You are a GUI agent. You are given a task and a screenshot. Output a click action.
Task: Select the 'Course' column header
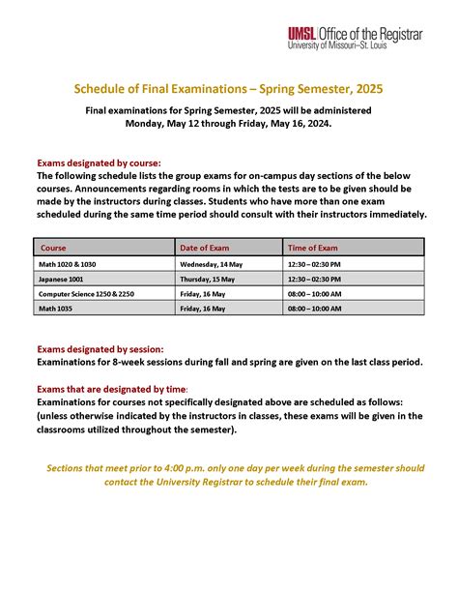coord(53,248)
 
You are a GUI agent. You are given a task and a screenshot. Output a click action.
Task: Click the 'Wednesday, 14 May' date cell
coord(213,263)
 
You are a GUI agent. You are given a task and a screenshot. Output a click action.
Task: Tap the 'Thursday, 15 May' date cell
coord(210,278)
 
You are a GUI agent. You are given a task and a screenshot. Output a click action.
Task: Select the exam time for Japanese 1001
coord(314,278)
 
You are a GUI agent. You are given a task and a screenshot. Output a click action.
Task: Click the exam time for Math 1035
coord(314,309)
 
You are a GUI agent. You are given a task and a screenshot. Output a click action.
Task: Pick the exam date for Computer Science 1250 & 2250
coord(203,293)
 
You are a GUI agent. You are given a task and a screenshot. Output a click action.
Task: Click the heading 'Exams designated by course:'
coord(99,163)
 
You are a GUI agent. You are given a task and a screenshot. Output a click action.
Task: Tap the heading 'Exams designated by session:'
coord(100,348)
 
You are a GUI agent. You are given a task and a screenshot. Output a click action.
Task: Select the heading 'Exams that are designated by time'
coord(112,388)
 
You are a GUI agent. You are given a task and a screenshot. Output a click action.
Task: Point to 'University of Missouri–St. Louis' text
coord(355,44)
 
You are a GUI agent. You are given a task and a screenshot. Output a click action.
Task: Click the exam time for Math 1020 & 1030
coord(314,263)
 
